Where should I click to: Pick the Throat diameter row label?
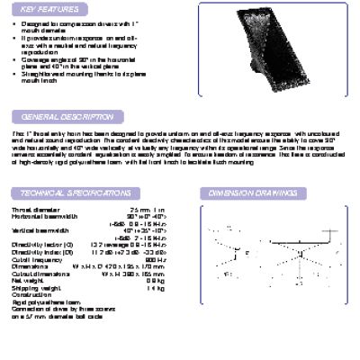coord(32,210)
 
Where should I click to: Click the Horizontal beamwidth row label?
coord(41,217)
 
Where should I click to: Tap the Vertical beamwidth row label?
coord(37,230)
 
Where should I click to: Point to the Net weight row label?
coord(27,280)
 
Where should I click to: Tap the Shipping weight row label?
coord(32,287)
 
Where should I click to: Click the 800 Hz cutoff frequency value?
coord(157,259)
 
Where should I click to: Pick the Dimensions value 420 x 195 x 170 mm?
coord(134,266)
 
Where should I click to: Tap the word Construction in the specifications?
coord(30,294)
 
